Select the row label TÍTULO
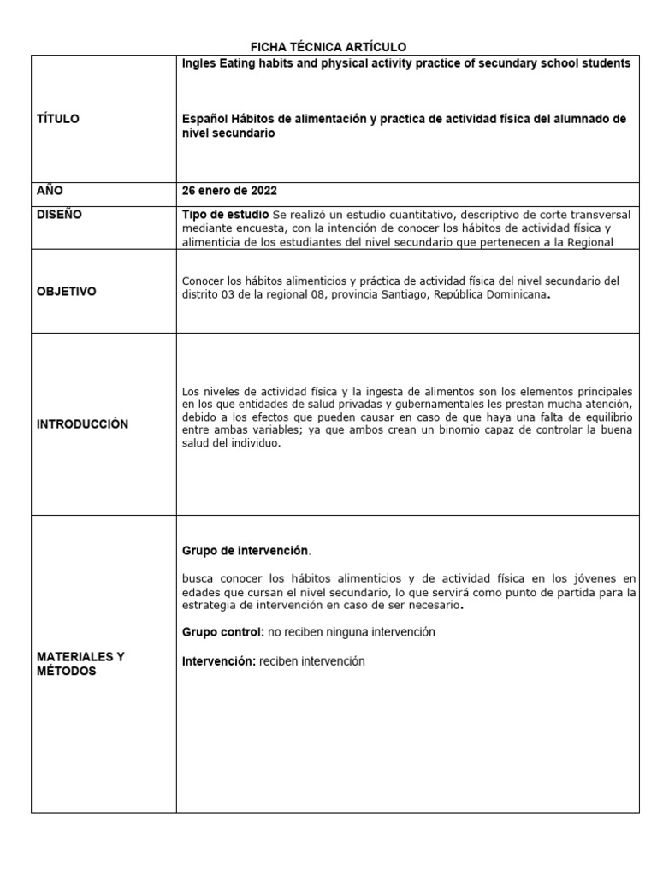[58, 119]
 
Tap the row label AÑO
[50, 191]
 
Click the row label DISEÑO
[60, 215]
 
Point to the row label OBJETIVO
[66, 292]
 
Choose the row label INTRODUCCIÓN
[82, 424]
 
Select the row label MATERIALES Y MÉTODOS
[80, 664]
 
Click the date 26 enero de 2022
[229, 191]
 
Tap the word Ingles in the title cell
[199, 63]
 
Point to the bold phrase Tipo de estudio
[226, 214]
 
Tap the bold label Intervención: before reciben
[219, 661]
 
